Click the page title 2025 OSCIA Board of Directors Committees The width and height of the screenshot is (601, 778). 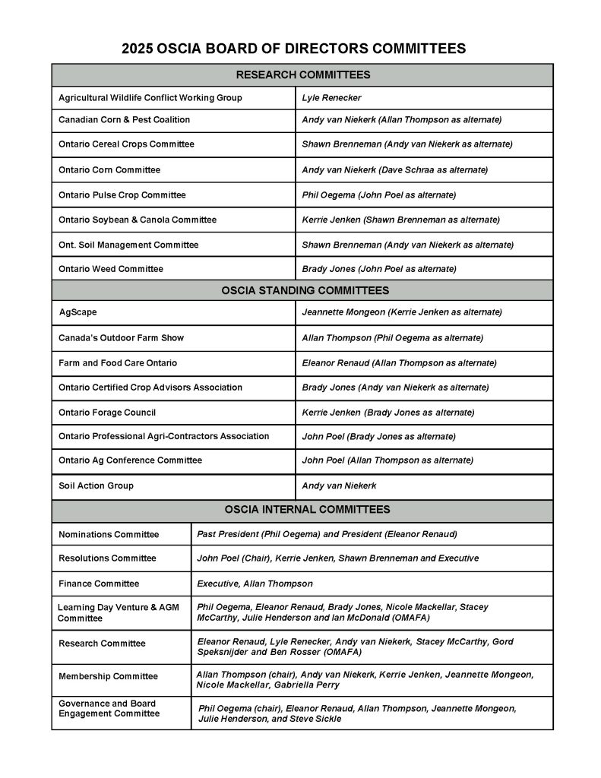(293, 49)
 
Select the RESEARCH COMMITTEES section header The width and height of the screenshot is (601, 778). (302, 74)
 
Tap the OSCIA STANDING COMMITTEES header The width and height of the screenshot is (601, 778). (305, 290)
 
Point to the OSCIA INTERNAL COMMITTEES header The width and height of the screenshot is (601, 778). (307, 509)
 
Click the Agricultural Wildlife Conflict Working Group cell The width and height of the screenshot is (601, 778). (150, 98)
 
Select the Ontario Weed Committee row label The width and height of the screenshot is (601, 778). (111, 269)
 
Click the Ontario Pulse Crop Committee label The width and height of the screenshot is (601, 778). (122, 195)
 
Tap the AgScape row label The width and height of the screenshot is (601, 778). (78, 312)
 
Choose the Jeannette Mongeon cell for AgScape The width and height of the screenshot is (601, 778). (402, 312)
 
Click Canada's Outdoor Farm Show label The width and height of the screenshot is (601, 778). (122, 338)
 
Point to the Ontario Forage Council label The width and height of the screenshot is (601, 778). (107, 413)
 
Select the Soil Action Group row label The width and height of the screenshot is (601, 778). (96, 486)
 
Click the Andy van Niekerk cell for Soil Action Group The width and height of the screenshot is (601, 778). (339, 486)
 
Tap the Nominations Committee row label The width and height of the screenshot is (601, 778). (109, 535)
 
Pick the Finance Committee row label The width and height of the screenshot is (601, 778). (99, 584)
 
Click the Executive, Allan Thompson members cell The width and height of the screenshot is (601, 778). (255, 584)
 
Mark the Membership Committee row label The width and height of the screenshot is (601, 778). (109, 677)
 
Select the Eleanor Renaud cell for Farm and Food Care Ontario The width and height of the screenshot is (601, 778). (399, 363)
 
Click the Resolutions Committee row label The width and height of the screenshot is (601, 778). (107, 558)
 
